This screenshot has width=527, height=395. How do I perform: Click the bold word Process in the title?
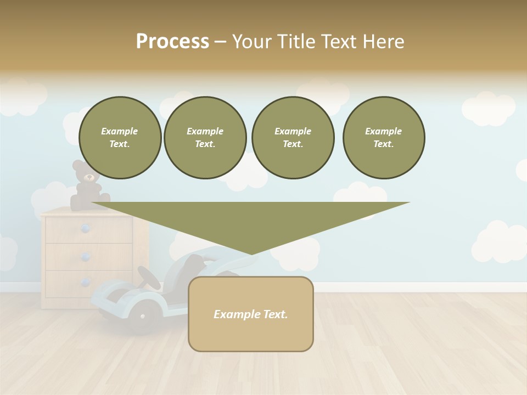pyautogui.click(x=172, y=42)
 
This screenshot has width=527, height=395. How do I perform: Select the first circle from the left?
pyautogui.click(x=120, y=138)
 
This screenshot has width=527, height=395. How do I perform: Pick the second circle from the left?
pyautogui.click(x=205, y=138)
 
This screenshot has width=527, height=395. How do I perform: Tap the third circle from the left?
pyautogui.click(x=293, y=138)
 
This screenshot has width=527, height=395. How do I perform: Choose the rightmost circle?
pyautogui.click(x=384, y=138)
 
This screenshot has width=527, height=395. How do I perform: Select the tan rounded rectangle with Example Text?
pyautogui.click(x=251, y=314)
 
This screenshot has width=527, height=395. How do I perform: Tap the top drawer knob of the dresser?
pyautogui.click(x=85, y=229)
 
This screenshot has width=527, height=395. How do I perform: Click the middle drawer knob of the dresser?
pyautogui.click(x=85, y=256)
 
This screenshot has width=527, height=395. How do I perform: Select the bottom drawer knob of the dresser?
pyautogui.click(x=85, y=283)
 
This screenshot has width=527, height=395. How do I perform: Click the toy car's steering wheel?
pyautogui.click(x=149, y=278)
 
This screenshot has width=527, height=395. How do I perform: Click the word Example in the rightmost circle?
pyautogui.click(x=383, y=131)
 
